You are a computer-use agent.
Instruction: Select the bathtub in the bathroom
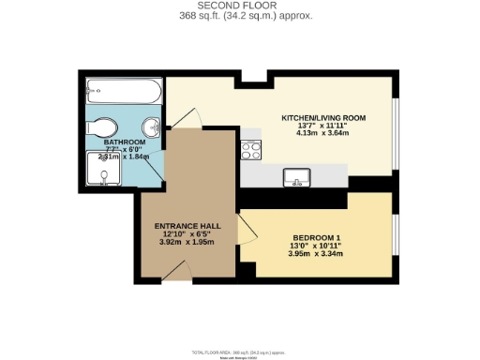coord(122,93)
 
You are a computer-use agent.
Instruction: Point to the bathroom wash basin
coord(151,128)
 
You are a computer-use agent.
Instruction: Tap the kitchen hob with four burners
coord(250,148)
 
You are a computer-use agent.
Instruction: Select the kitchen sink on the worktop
coord(296,175)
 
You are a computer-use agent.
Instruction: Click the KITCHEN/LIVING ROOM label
coord(323,118)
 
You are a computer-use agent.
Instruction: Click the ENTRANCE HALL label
coord(187,226)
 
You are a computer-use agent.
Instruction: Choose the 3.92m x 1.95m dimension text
coord(187,243)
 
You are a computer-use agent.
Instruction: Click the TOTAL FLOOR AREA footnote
coord(241,351)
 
